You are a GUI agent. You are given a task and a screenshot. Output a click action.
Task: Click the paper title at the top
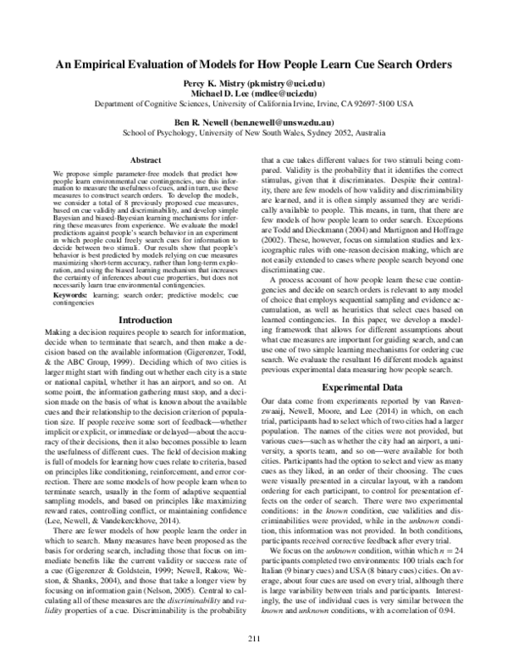click(254, 64)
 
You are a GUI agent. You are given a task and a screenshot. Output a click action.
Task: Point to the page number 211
click(253, 637)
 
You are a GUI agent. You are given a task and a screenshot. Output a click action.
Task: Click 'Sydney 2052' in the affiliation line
click(326, 132)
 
